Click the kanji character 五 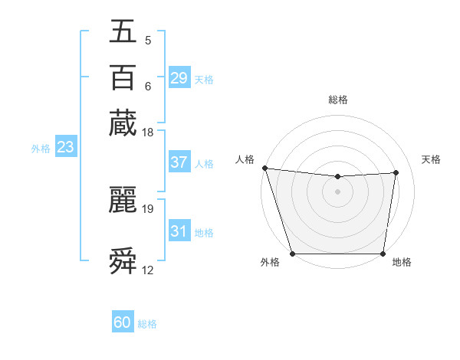[x=123, y=31]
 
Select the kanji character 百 [x=123, y=77]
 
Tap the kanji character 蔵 [x=123, y=123]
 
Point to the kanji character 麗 [x=123, y=200]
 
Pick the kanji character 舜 [x=123, y=261]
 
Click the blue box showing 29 [x=179, y=78]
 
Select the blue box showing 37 [x=179, y=162]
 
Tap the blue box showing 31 [x=179, y=231]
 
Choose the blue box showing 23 [x=65, y=147]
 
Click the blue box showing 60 [x=123, y=323]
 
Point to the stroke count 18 [x=147, y=133]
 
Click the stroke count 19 [x=148, y=208]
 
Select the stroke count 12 [x=148, y=270]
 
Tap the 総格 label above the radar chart [x=337, y=100]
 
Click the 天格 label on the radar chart [x=431, y=159]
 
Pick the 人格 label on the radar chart [x=245, y=159]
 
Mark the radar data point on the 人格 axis [x=264, y=168]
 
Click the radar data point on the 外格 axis [x=292, y=254]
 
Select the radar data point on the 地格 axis [x=383, y=254]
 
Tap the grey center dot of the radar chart [x=337, y=191]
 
